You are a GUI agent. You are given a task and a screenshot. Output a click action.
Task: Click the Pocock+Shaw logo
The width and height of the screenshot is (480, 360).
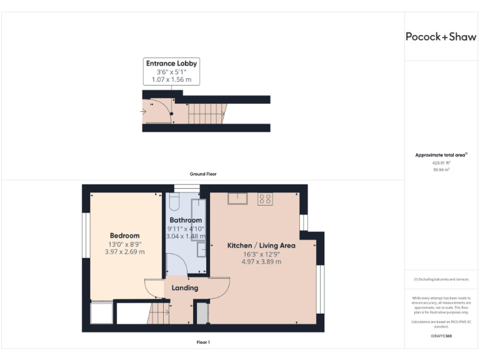tap(441, 36)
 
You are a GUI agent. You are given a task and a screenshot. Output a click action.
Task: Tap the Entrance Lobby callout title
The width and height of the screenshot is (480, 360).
tap(171, 64)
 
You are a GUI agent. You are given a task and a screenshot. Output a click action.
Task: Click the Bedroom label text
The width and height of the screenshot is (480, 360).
tap(124, 236)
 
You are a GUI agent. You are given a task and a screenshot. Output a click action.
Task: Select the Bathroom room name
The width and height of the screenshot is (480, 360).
tap(186, 221)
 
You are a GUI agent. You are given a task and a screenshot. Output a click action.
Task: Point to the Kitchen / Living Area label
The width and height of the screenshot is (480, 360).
tap(261, 246)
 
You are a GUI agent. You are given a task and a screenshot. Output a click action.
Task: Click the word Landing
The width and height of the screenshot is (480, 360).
tap(185, 288)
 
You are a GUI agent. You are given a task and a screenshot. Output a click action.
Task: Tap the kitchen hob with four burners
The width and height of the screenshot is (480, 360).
tap(264, 199)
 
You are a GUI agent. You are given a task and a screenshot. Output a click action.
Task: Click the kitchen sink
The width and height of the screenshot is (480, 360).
tap(237, 199)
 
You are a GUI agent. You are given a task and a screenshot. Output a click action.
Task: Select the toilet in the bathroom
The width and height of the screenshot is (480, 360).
tap(174, 201)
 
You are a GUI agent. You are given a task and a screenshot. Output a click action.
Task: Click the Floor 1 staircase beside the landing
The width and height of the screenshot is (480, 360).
tap(159, 312)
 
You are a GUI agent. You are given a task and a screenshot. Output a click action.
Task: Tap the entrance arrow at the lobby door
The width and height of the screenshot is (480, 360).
tap(144, 112)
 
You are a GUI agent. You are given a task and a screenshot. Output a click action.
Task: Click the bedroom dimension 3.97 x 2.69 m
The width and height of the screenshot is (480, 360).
tap(124, 252)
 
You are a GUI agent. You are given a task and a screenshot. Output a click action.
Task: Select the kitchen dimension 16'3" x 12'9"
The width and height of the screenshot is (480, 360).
tap(261, 254)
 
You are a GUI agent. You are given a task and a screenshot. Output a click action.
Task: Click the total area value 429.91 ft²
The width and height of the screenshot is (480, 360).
tap(441, 162)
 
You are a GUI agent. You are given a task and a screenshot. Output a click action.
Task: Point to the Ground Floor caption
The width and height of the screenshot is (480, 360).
tap(203, 174)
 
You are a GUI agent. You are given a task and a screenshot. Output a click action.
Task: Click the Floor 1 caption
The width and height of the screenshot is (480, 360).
tap(203, 342)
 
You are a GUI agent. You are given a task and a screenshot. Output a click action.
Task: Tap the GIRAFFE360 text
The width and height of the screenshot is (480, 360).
tap(441, 336)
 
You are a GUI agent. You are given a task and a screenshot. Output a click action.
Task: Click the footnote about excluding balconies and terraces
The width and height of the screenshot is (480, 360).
tap(441, 279)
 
